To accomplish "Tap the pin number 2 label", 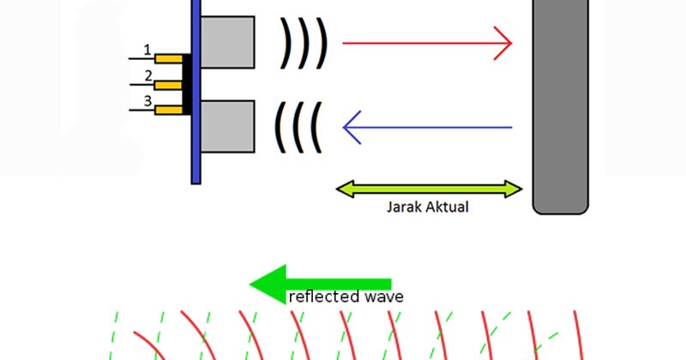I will coord(147,77).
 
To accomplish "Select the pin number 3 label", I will coord(147,102).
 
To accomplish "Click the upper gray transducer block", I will coord(228,42).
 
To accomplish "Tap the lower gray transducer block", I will coord(228,127).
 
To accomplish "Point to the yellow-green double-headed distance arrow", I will coord(428,189).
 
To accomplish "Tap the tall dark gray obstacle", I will coord(560,103).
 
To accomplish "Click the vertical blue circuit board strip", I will coord(196,90).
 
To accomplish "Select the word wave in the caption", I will coord(385,297).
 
